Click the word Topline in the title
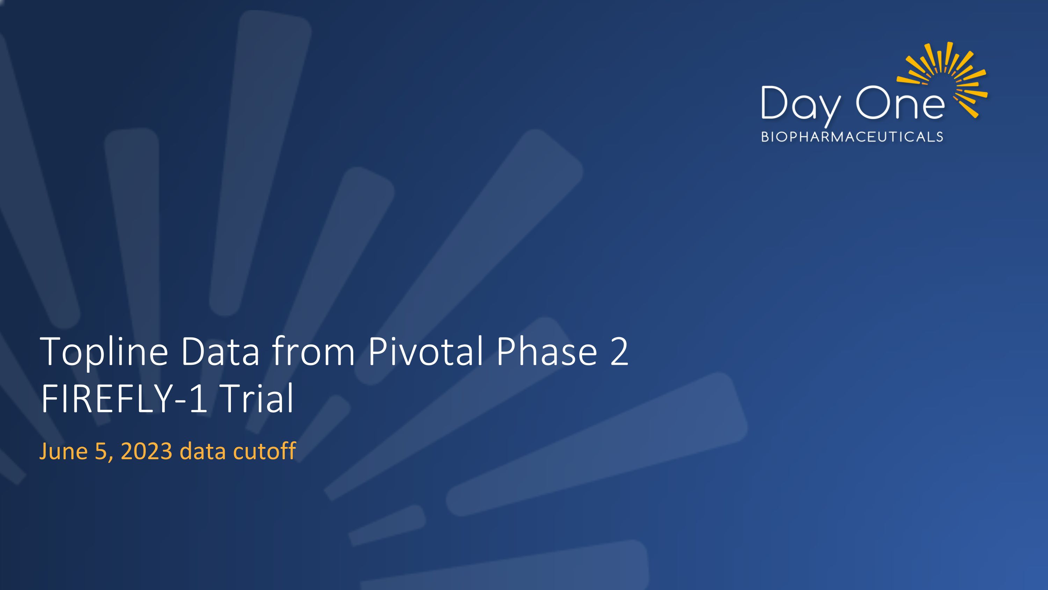tap(104, 352)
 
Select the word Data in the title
tap(220, 351)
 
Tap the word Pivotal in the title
tap(425, 351)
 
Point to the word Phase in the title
tap(546, 351)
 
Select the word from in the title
tap(313, 351)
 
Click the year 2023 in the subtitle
tap(146, 452)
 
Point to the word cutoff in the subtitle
tap(264, 452)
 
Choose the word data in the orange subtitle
tap(203, 452)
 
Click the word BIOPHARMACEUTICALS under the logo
tap(852, 137)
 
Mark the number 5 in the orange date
tap(101, 452)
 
